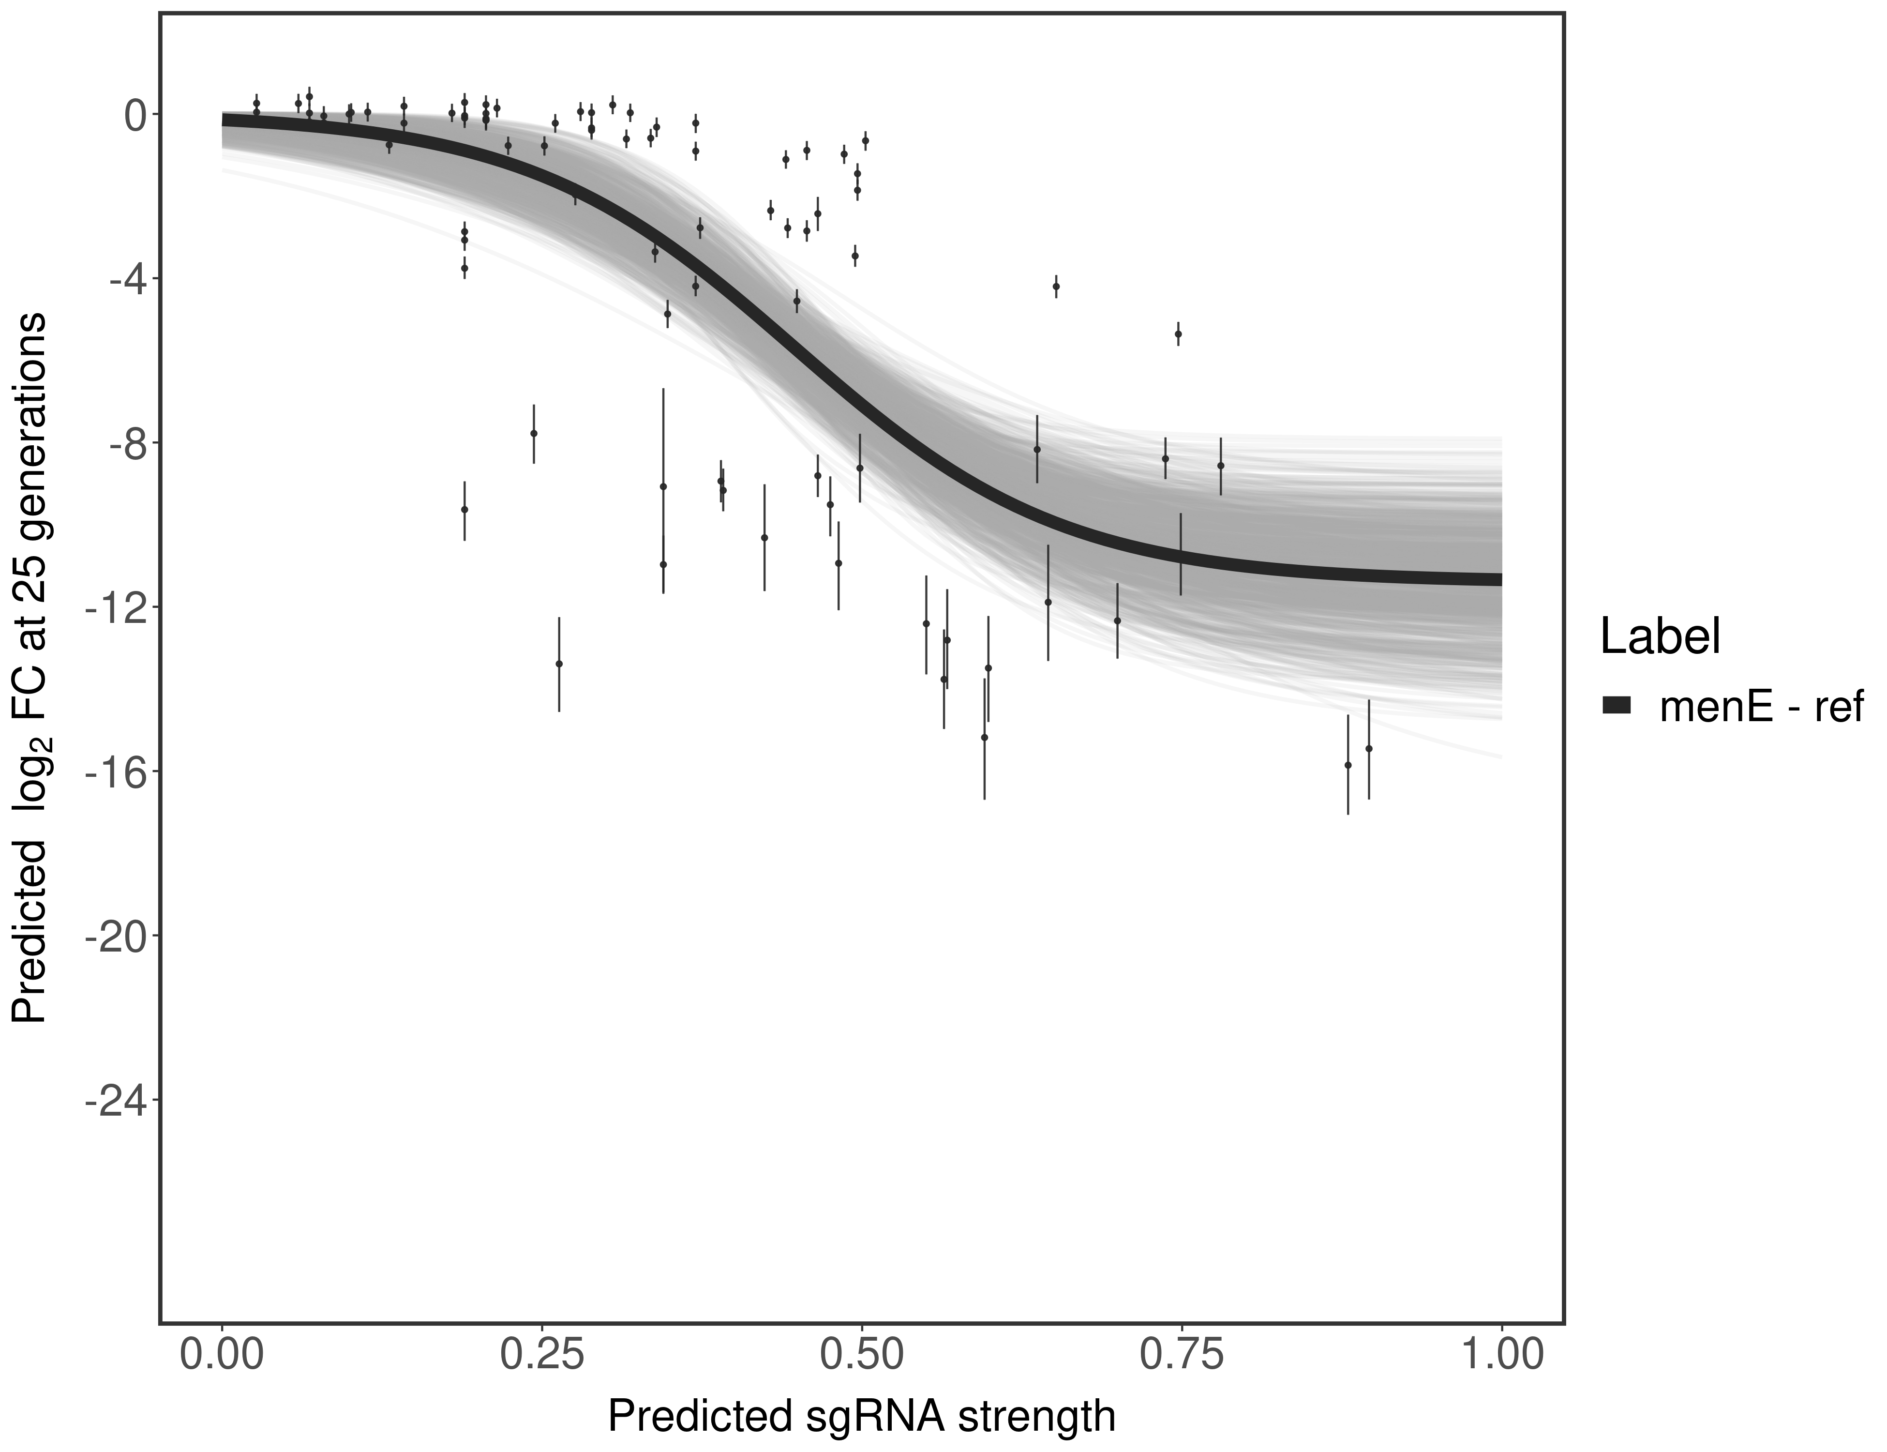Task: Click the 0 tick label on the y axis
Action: point(135,115)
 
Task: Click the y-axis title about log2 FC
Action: point(33,667)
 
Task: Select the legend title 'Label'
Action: point(1660,638)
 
